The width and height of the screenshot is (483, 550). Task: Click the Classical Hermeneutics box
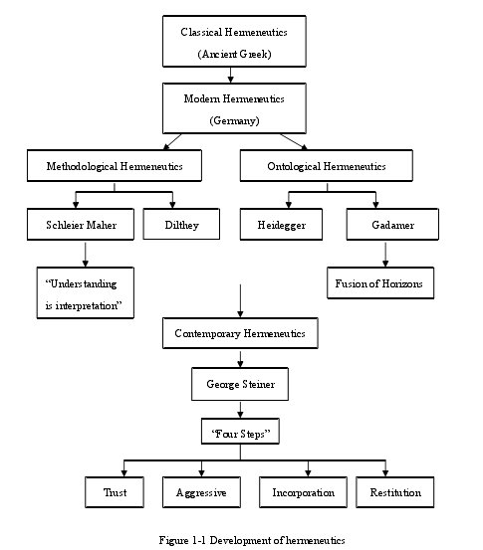(234, 41)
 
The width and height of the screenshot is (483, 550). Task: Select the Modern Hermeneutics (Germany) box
(234, 108)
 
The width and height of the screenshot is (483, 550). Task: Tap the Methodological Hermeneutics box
(115, 165)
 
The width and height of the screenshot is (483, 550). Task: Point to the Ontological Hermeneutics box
(327, 165)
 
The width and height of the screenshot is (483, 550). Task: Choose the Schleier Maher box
(81, 224)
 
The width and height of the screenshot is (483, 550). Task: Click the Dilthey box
(181, 224)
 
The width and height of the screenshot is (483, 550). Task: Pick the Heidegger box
(281, 224)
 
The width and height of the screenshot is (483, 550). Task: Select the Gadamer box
(392, 224)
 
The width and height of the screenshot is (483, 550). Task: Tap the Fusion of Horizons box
(380, 283)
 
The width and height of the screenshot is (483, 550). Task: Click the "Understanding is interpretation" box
(86, 292)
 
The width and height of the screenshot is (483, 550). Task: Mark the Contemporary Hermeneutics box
(240, 333)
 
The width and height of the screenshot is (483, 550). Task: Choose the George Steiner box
(240, 384)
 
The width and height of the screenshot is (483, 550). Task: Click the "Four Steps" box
(240, 431)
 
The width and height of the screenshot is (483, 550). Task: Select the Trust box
(115, 492)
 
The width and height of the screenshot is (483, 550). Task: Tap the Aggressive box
(201, 492)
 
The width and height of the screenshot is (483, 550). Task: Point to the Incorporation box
(303, 492)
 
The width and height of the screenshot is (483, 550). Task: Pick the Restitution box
(395, 492)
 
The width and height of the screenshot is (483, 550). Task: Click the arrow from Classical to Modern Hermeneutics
(230, 75)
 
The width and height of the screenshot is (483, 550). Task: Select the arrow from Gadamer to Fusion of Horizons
(385, 255)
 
